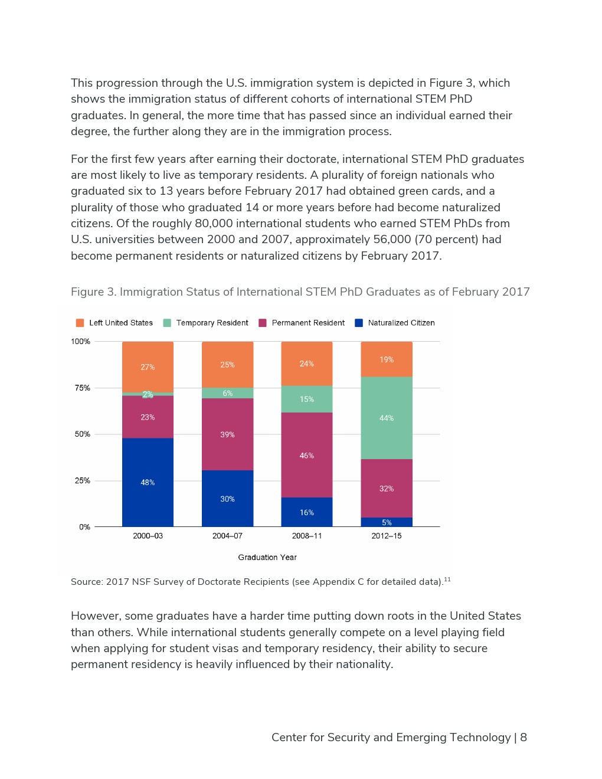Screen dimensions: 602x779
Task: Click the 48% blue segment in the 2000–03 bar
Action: pyautogui.click(x=148, y=482)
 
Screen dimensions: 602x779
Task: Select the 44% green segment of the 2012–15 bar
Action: pyautogui.click(x=387, y=418)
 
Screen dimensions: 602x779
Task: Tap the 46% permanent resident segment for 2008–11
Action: pyautogui.click(x=306, y=455)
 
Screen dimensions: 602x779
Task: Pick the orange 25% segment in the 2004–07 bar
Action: pyautogui.click(x=227, y=365)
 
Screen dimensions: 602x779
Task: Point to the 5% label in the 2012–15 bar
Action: pyautogui.click(x=387, y=522)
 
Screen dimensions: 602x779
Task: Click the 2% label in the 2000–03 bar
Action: pyautogui.click(x=148, y=394)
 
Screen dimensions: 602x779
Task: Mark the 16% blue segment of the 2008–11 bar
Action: pyautogui.click(x=306, y=512)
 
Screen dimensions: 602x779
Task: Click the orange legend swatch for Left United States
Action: pyautogui.click(x=80, y=323)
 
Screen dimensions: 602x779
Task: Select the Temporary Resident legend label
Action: pyautogui.click(x=212, y=323)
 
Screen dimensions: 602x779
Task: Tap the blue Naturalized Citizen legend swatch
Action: pyautogui.click(x=359, y=323)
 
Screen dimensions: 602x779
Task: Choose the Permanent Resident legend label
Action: pyautogui.click(x=308, y=323)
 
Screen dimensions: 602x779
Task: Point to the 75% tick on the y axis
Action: pyautogui.click(x=83, y=388)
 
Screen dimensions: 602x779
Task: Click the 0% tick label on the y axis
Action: pyautogui.click(x=84, y=527)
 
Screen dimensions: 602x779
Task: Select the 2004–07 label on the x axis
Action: pyautogui.click(x=227, y=536)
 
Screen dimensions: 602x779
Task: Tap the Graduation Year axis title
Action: pyautogui.click(x=267, y=557)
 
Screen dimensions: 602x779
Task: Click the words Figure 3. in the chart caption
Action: pyautogui.click(x=94, y=292)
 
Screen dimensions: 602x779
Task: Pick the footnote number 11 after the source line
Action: pyautogui.click(x=447, y=578)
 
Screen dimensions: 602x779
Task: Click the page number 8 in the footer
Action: pyautogui.click(x=524, y=738)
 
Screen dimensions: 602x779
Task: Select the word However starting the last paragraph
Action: pyautogui.click(x=96, y=616)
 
